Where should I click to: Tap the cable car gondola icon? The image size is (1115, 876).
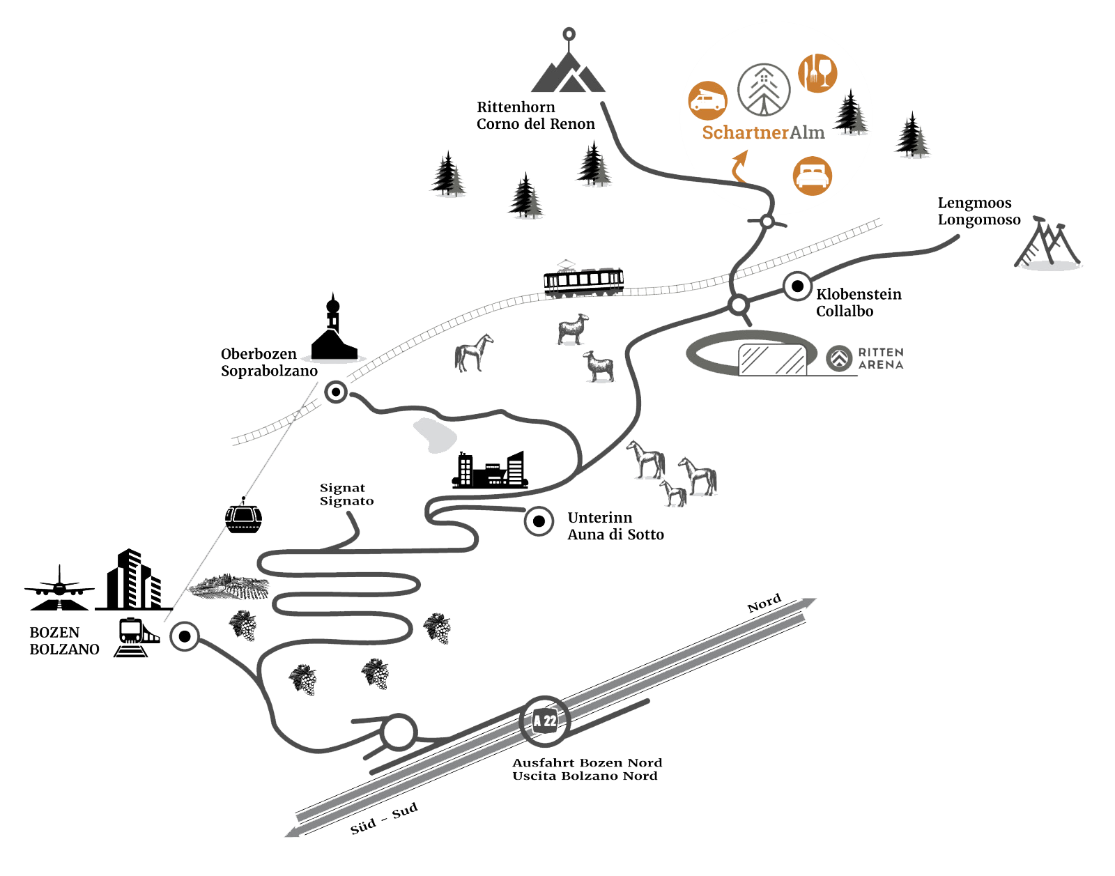click(243, 517)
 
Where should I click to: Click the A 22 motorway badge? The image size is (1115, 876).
click(545, 721)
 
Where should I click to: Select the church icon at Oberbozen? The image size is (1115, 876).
click(334, 332)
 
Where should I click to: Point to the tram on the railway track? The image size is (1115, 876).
click(583, 280)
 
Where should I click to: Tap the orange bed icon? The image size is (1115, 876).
click(812, 176)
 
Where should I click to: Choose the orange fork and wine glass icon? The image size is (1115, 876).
click(817, 73)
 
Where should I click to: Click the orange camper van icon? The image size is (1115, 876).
click(707, 101)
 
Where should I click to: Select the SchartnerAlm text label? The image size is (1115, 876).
click(763, 132)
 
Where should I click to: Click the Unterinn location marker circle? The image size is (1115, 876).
click(539, 521)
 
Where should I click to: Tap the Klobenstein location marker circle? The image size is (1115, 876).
click(797, 286)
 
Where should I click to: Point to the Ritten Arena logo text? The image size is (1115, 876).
click(880, 358)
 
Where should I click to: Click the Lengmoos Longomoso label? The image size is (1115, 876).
click(978, 211)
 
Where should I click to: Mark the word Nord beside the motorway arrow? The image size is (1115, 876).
click(764, 604)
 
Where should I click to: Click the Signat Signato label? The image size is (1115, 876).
click(346, 494)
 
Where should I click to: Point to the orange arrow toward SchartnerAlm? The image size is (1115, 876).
click(739, 168)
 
